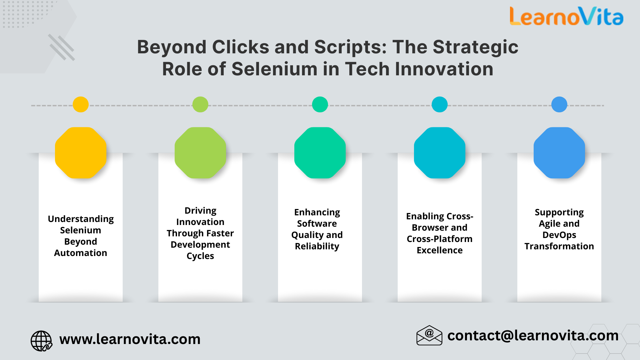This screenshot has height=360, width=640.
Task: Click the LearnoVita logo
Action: (x=566, y=17)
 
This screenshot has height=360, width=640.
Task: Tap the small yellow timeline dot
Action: (x=81, y=104)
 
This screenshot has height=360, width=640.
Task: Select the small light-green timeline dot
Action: (x=200, y=104)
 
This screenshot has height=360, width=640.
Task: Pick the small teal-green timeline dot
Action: (x=320, y=104)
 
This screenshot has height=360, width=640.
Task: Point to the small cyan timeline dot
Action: (x=440, y=104)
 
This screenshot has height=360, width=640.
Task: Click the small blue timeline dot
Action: (x=559, y=104)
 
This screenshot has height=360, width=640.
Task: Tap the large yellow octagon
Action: (x=81, y=153)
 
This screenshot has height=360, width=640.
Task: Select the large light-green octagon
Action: (x=200, y=153)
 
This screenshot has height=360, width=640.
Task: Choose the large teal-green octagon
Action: (x=320, y=153)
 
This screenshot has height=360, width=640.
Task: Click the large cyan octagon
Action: (x=440, y=153)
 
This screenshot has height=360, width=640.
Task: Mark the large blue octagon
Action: (x=559, y=153)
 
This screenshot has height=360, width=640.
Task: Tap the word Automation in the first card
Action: (x=81, y=253)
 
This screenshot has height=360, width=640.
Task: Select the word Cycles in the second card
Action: (x=200, y=256)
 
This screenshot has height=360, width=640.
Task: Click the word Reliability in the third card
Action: (x=317, y=246)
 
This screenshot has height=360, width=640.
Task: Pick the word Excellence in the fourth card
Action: (x=440, y=250)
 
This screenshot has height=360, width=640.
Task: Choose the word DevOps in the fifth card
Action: (x=559, y=235)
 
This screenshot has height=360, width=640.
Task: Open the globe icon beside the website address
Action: (x=41, y=341)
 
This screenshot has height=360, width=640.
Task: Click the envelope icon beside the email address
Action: (x=429, y=335)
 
